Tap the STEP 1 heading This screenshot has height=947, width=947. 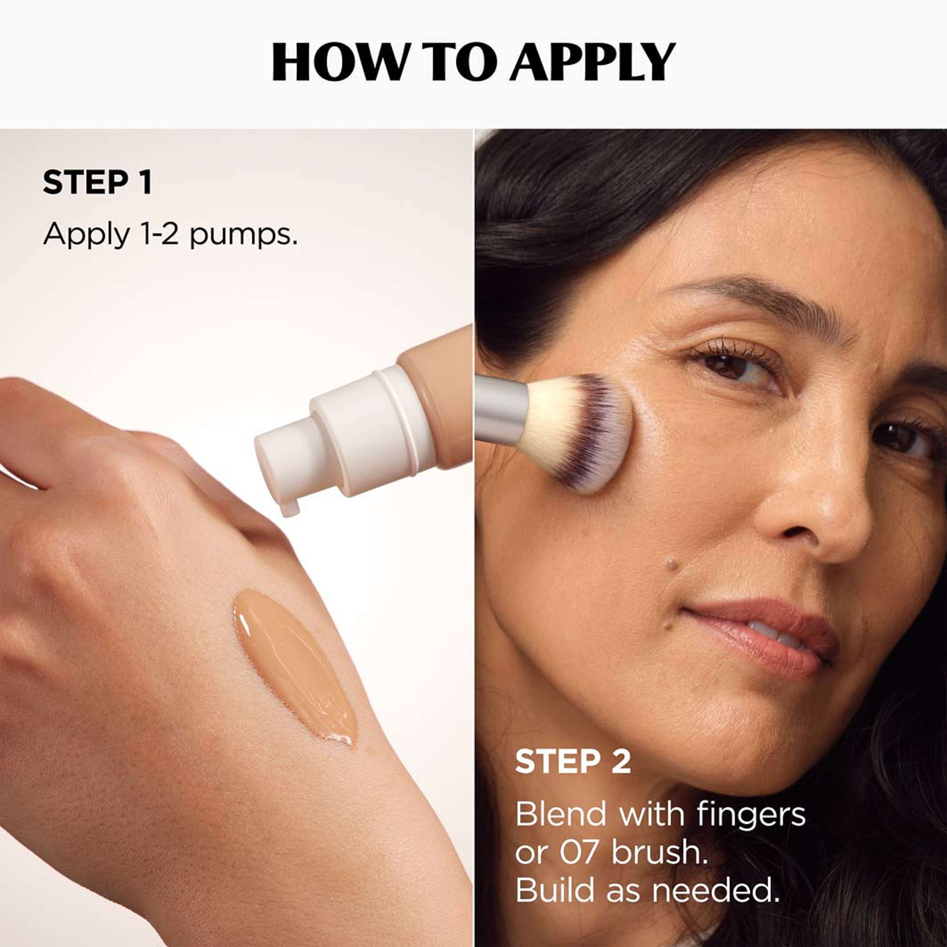tap(97, 183)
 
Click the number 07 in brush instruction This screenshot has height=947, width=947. tap(578, 853)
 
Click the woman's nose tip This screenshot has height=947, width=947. tap(833, 525)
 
